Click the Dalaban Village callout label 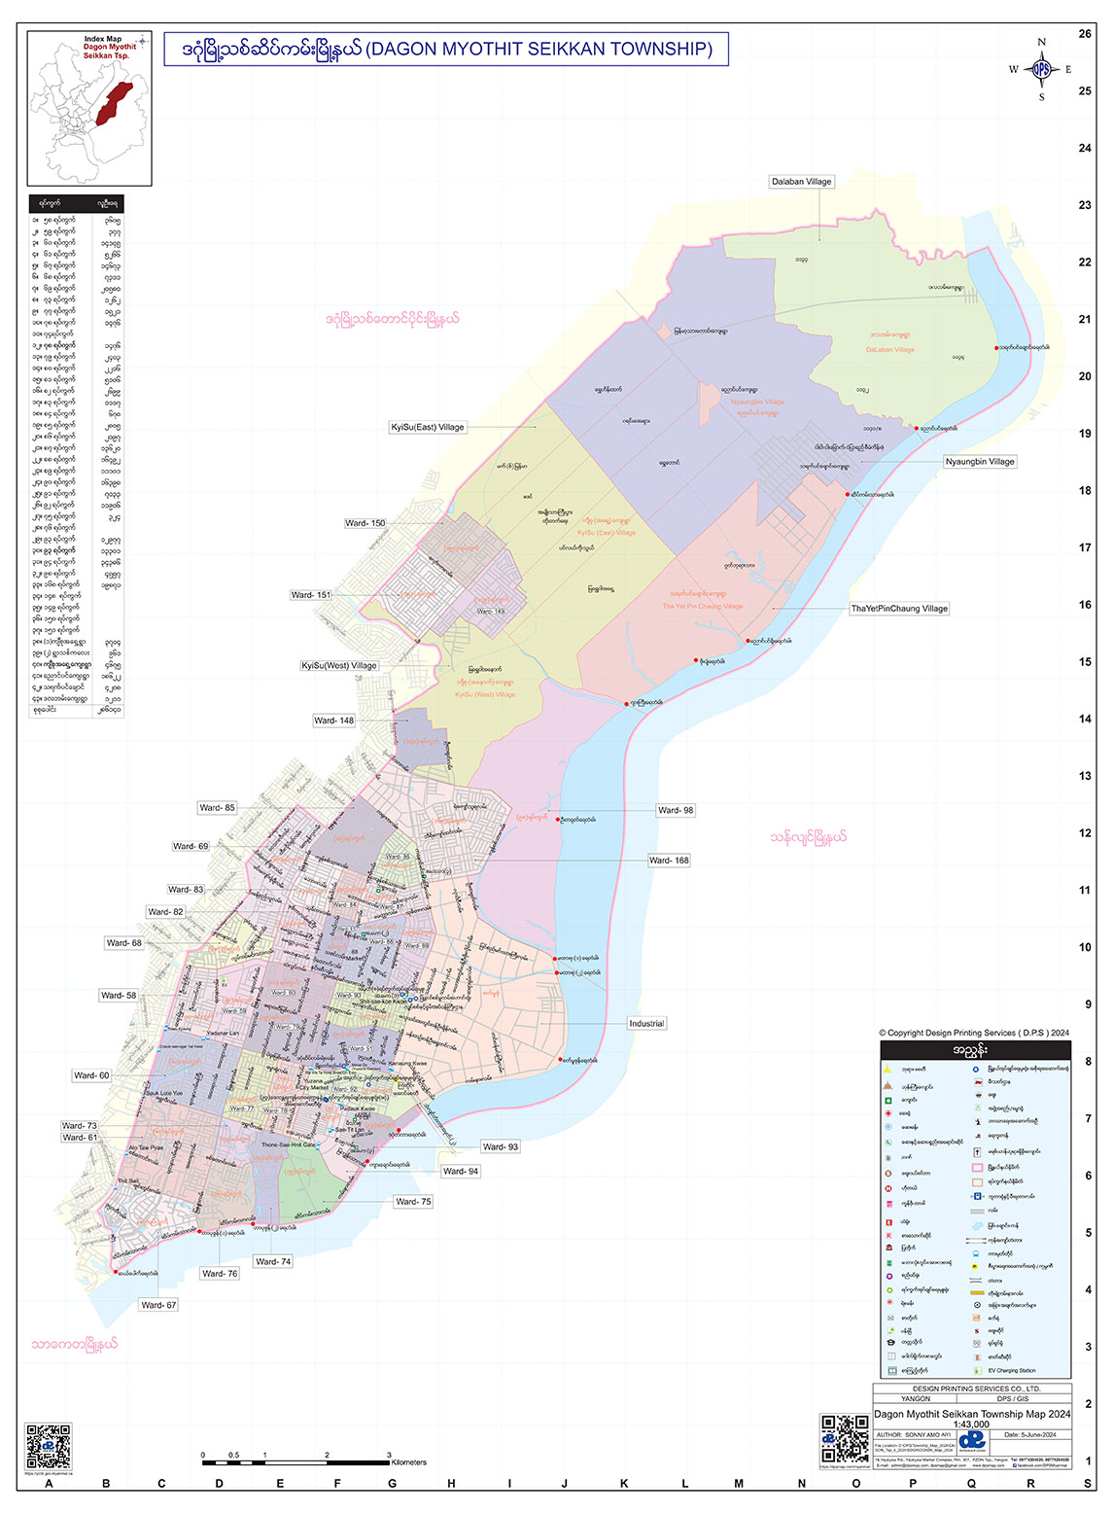pos(801,182)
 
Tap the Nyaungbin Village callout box pos(979,462)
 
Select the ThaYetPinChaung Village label pos(899,609)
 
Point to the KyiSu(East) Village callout pos(428,427)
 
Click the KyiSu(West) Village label pos(339,666)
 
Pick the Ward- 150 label pos(365,523)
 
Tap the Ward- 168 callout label pos(669,861)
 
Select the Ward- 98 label pos(676,810)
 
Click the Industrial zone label pos(646,1024)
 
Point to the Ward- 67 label pos(158,1305)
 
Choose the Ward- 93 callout pos(501,1147)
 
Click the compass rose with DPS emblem pos(1041,70)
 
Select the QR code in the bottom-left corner pos(48,1446)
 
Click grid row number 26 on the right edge pos(1085,34)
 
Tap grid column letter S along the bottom pos(1088,1484)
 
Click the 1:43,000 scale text pos(971,1425)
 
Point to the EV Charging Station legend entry pos(1011,1370)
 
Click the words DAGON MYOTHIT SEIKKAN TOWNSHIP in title pos(539,49)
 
